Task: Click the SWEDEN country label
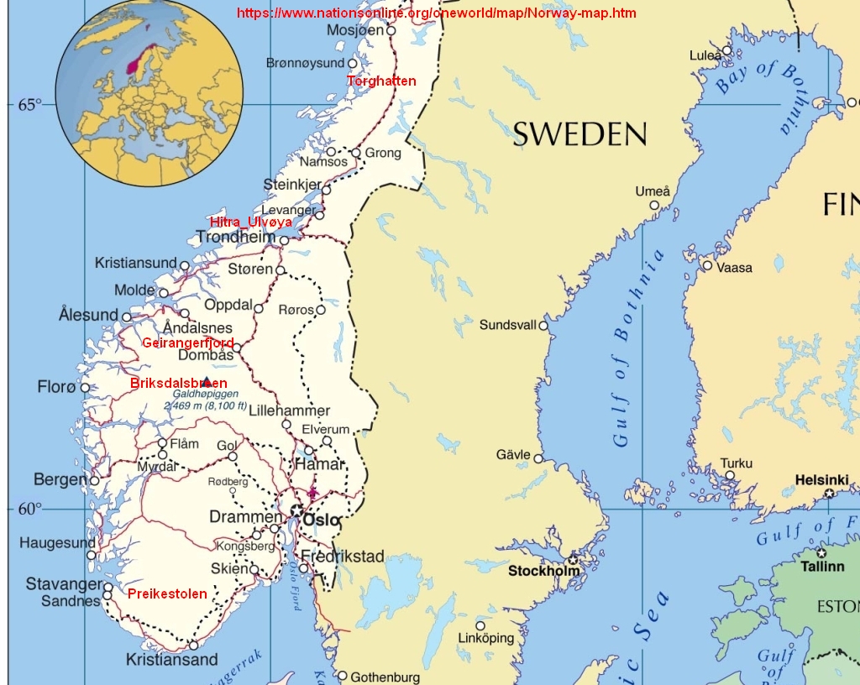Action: (579, 134)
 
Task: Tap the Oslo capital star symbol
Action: (296, 510)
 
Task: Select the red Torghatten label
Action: (381, 81)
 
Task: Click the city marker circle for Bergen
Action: (94, 480)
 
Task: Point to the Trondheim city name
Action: (235, 238)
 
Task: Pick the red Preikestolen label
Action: (167, 593)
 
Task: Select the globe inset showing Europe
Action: (149, 93)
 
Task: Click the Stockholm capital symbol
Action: (573, 559)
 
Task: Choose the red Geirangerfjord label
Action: (187, 342)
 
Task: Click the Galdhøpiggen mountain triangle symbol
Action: (207, 382)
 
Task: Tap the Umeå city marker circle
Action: (654, 205)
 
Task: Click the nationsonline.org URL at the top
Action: (436, 13)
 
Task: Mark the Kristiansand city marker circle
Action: (193, 646)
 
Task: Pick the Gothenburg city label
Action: (385, 677)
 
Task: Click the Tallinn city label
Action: (821, 567)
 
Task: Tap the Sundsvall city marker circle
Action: (543, 326)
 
